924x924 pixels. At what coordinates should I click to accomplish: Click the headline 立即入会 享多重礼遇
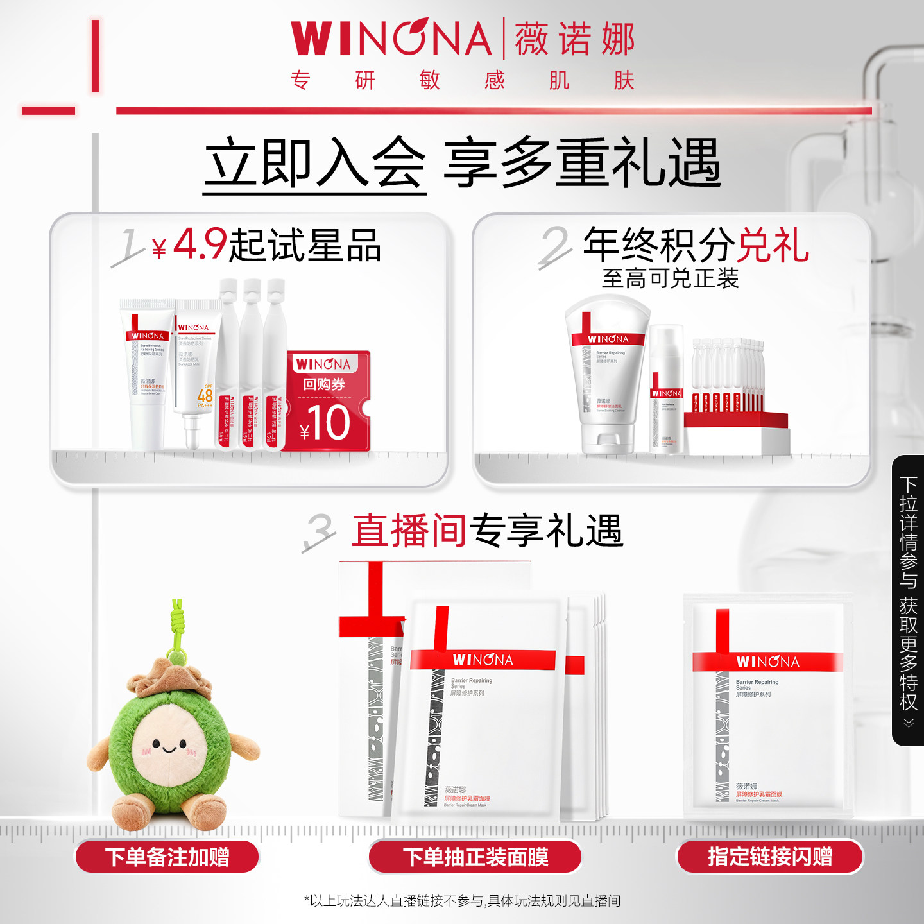pyautogui.click(x=462, y=164)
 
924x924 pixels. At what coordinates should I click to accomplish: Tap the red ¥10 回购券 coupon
pyautogui.click(x=327, y=401)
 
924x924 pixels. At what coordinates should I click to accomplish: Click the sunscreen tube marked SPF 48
pyautogui.click(x=196, y=372)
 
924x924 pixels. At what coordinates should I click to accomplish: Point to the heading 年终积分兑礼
pyautogui.click(x=696, y=245)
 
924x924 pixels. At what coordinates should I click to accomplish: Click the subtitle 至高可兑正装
pyautogui.click(x=670, y=278)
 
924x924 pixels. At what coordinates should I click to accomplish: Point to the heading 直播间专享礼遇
pyautogui.click(x=488, y=531)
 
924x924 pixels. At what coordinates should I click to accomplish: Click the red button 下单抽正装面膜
pyautogui.click(x=475, y=857)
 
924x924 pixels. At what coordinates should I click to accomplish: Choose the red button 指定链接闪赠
pyautogui.click(x=770, y=857)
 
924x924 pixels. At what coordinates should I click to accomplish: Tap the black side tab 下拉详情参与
pyautogui.click(x=908, y=600)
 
